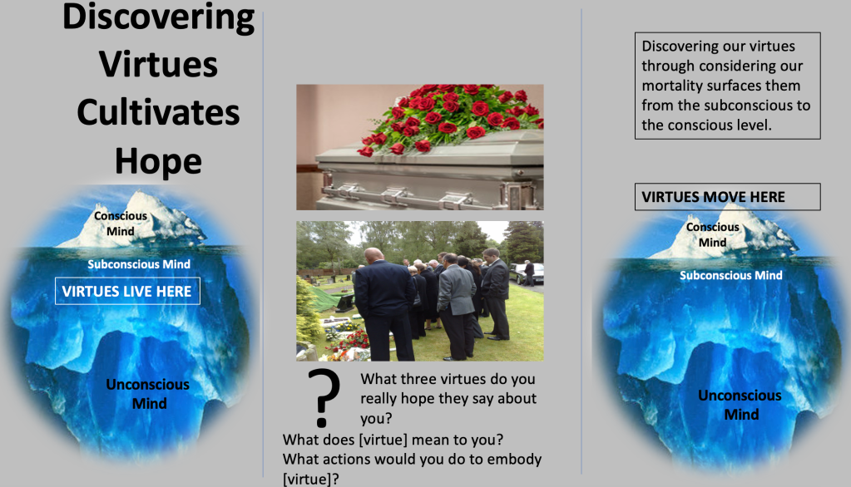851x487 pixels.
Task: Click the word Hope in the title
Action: click(158, 162)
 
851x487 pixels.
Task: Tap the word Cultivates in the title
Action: click(158, 112)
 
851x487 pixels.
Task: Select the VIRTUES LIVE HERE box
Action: click(127, 291)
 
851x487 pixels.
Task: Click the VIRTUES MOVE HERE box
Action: click(727, 197)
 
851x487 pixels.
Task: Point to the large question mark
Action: click(324, 398)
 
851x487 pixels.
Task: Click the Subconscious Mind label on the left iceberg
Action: click(139, 264)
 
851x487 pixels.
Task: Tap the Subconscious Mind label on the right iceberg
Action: click(731, 276)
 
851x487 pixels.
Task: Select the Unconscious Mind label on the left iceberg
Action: click(147, 394)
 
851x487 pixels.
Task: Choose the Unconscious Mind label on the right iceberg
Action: click(740, 405)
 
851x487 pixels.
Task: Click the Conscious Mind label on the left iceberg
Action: click(121, 224)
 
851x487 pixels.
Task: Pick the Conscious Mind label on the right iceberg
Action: click(713, 235)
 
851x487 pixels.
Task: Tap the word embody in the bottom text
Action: click(514, 460)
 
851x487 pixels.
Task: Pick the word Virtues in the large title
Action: click(158, 64)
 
